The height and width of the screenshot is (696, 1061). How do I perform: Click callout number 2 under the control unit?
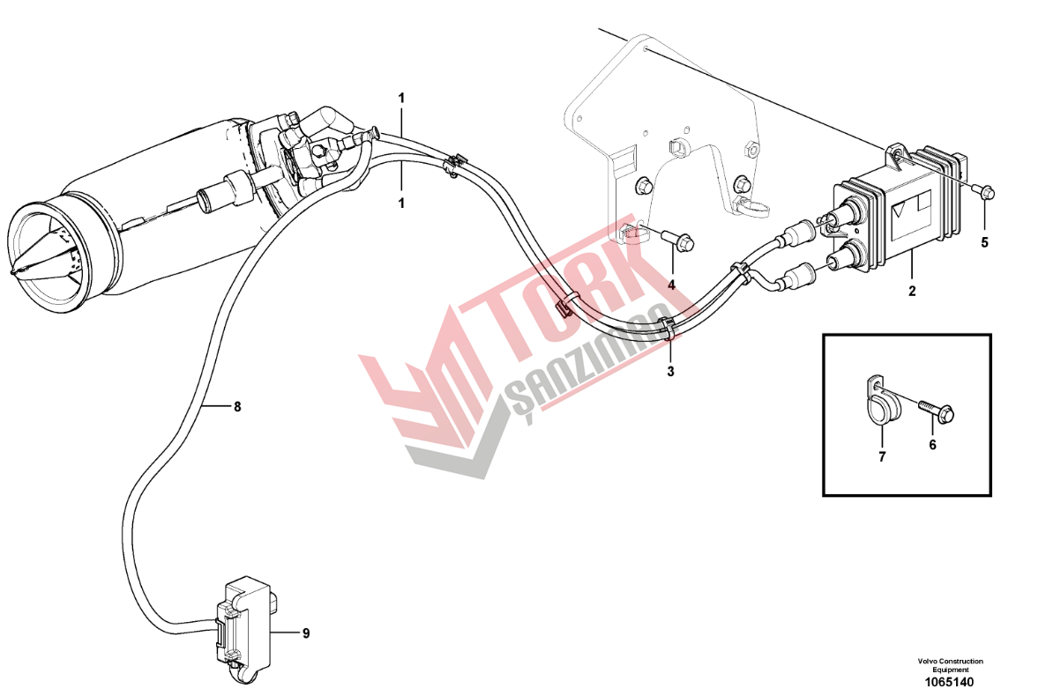[x=912, y=291]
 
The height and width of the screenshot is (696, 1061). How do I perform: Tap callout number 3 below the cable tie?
[x=670, y=372]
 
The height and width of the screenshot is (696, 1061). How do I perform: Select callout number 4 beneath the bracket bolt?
[x=671, y=285]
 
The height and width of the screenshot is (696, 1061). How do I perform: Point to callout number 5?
[x=985, y=243]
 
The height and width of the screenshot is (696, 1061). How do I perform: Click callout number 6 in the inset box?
[x=932, y=445]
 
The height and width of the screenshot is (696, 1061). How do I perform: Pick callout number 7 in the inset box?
[x=882, y=457]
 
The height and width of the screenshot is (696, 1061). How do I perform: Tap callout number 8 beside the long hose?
[x=237, y=406]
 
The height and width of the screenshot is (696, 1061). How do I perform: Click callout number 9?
[x=306, y=633]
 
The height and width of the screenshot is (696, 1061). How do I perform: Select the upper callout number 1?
[x=401, y=99]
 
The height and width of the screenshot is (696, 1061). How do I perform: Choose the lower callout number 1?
[x=401, y=204]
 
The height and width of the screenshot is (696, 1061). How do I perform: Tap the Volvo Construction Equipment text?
[x=950, y=665]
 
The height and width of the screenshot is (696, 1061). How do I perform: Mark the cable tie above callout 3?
[x=669, y=329]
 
